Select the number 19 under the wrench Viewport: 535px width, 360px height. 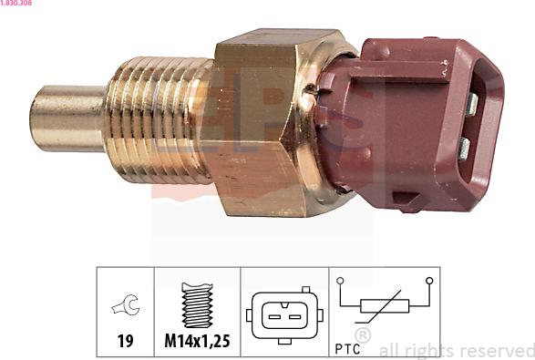coord(126,342)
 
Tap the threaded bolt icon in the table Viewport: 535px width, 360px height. coord(197,304)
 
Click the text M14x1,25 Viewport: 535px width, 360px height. coord(197,342)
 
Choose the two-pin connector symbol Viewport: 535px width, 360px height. coord(283,314)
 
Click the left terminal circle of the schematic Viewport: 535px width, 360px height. coord(340,281)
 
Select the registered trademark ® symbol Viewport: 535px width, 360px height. coord(364,335)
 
